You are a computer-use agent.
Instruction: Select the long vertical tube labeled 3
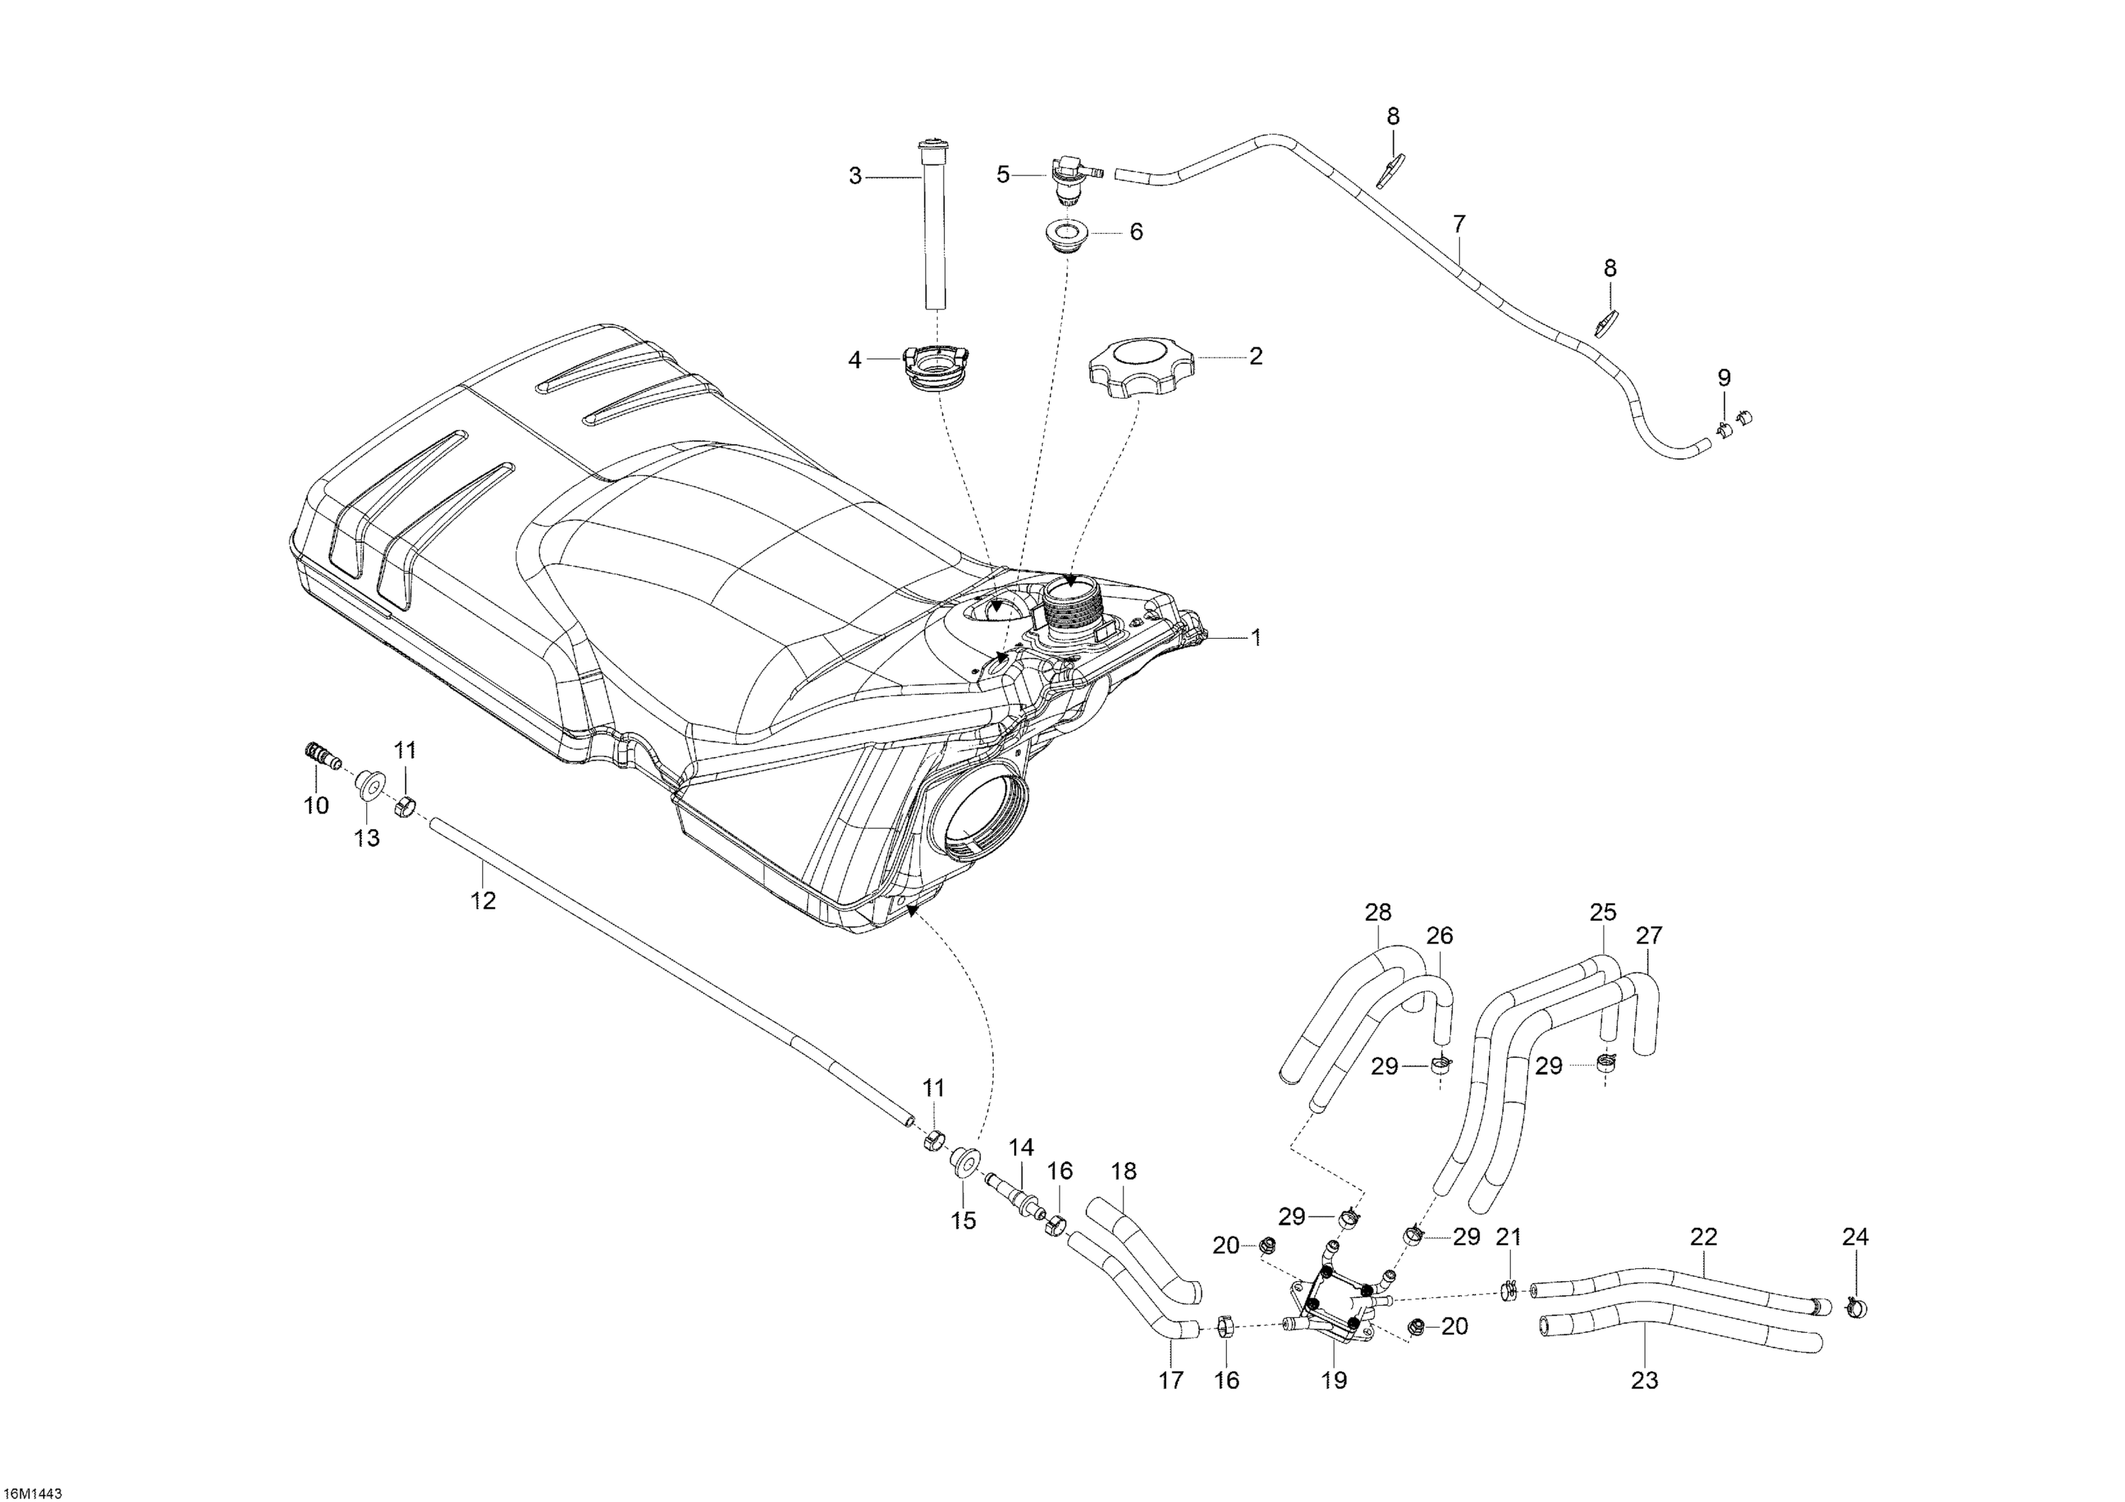tap(931, 227)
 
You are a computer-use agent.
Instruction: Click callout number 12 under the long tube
tap(483, 899)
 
